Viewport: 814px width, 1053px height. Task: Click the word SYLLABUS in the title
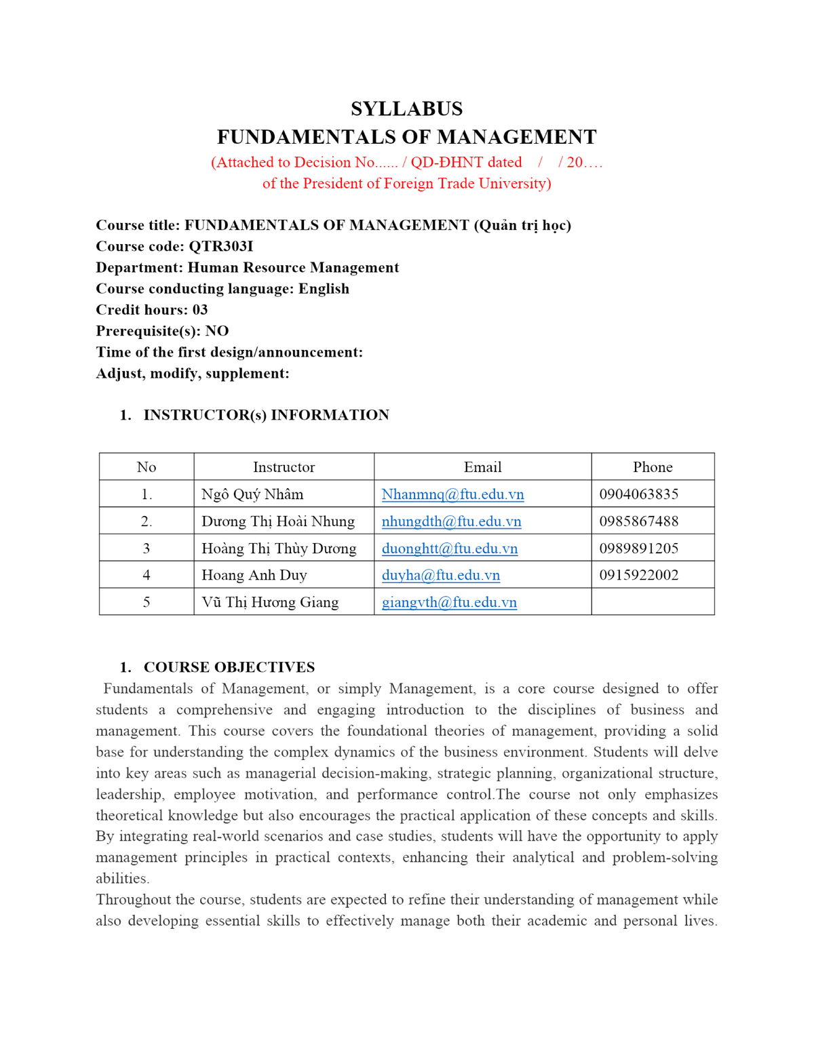(406, 108)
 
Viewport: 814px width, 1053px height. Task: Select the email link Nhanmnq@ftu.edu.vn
(452, 494)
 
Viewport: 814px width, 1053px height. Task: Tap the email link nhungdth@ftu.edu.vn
(451, 521)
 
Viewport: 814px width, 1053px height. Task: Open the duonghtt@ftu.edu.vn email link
(449, 549)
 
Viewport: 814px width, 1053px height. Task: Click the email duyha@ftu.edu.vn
(440, 575)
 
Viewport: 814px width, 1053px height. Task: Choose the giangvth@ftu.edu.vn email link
(449, 602)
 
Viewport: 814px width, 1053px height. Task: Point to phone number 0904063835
(638, 494)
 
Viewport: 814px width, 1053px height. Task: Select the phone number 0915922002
(638, 575)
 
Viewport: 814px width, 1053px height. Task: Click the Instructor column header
(284, 467)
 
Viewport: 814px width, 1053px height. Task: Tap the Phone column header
(653, 467)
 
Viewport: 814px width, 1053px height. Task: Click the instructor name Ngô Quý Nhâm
(252, 494)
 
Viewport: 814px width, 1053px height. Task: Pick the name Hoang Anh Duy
(254, 575)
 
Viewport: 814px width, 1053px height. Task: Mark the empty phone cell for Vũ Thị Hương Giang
(653, 602)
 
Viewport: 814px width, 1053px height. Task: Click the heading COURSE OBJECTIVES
(229, 667)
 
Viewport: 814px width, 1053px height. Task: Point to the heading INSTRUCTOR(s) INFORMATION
(266, 415)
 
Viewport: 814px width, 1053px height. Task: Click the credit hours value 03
(200, 310)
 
